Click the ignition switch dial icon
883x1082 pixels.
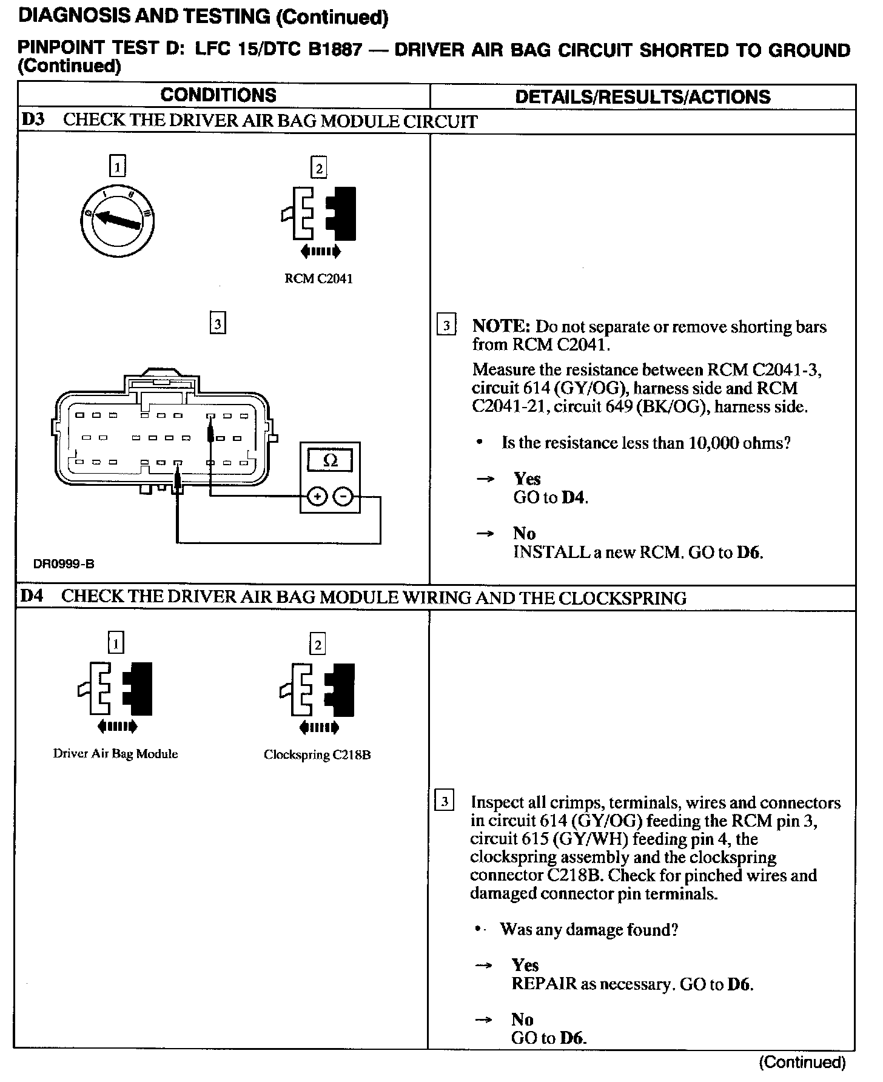tap(117, 222)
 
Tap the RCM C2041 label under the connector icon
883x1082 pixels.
tap(318, 279)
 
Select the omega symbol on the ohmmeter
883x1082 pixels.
tap(331, 460)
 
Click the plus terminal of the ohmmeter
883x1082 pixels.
tap(317, 497)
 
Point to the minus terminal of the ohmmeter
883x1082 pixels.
tap(343, 497)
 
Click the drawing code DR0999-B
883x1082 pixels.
tap(64, 565)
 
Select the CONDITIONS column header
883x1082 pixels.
tap(218, 95)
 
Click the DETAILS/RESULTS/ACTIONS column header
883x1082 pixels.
tap(642, 96)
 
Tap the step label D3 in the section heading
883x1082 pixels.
tap(33, 119)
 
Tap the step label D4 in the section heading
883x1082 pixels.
tap(32, 596)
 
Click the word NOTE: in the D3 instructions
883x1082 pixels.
tap(501, 326)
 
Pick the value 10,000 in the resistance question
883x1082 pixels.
tap(713, 443)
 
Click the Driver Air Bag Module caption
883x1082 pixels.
tap(115, 754)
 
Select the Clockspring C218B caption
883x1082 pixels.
tap(317, 755)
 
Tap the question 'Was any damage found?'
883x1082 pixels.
tap(588, 930)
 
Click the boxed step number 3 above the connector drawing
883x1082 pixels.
tap(217, 323)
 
